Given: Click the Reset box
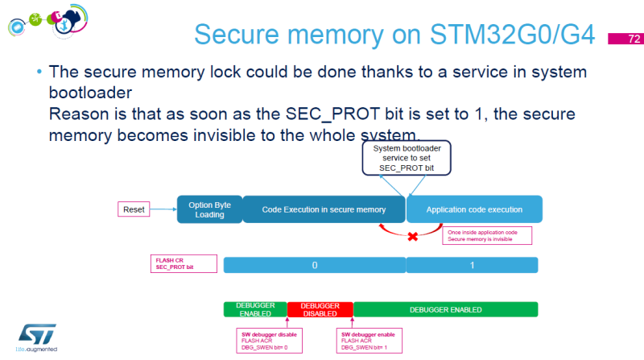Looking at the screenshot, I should tap(133, 209).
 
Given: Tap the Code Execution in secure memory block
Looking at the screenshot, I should tap(324, 209).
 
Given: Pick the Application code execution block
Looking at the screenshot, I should tap(474, 209).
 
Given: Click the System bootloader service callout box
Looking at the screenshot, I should tap(406, 158).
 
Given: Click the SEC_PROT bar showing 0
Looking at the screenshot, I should tap(314, 265).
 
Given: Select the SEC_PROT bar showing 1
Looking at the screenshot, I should tap(472, 265).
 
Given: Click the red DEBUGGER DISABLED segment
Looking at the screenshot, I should tap(320, 309).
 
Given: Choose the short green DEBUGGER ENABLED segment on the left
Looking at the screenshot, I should tap(255, 309).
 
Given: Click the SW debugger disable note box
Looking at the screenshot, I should tap(262, 339).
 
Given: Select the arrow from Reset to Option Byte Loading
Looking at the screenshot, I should tap(163, 209).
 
